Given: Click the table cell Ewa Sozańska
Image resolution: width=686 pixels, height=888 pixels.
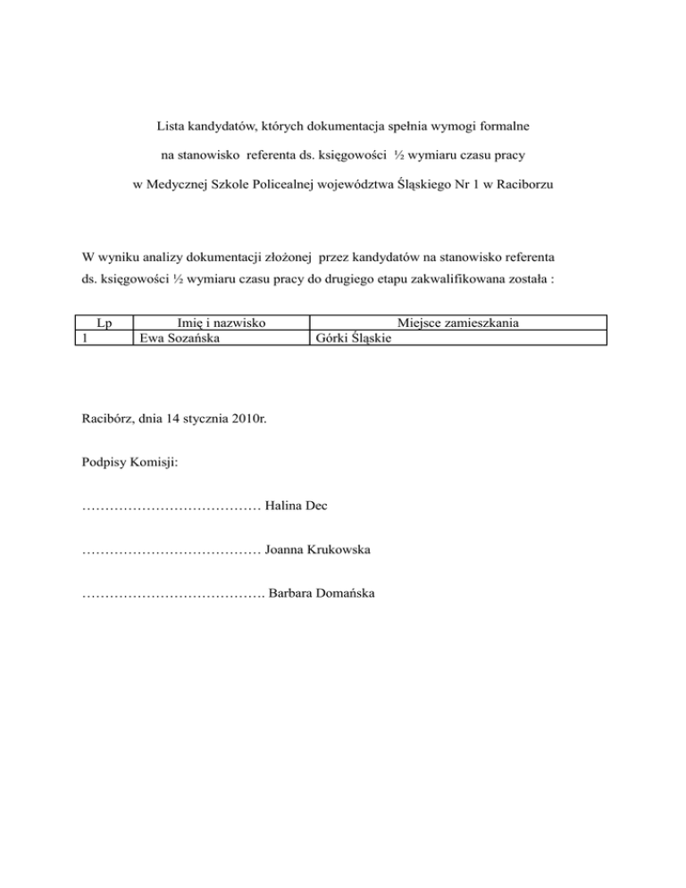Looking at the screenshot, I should pos(175,337).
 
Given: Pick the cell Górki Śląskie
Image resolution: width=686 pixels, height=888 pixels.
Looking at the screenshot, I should pos(355,338).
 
